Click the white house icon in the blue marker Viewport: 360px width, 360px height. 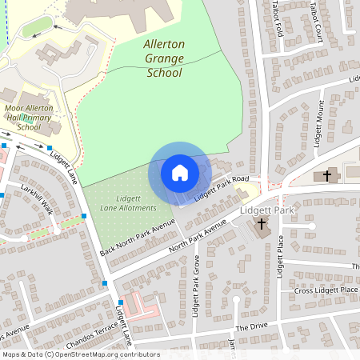pos(179,173)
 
